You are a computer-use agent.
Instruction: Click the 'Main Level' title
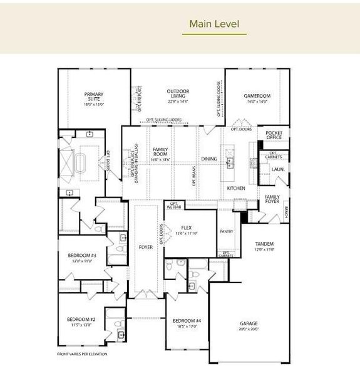213,24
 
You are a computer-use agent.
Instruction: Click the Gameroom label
255,97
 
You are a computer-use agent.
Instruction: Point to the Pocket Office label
274,135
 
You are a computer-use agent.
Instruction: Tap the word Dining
209,159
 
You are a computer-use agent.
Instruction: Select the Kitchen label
235,188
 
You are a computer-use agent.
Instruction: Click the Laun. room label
277,169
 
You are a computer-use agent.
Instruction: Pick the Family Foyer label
272,199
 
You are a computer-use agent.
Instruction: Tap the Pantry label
227,231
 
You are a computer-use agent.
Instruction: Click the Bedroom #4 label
187,323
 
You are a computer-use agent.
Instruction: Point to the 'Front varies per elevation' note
81,354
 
